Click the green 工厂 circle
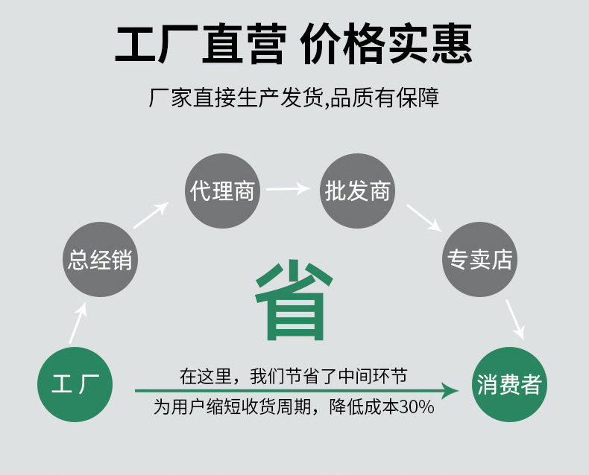(x=75, y=384)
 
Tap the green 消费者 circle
(x=509, y=384)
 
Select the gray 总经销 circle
(x=101, y=259)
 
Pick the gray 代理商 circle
(x=223, y=191)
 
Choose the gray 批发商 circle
(x=357, y=191)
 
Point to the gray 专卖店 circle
(x=479, y=259)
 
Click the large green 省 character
(x=294, y=300)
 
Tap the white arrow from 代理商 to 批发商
(x=288, y=188)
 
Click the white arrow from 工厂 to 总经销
(x=78, y=323)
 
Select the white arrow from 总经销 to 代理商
(x=151, y=215)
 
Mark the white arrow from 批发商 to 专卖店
(x=424, y=218)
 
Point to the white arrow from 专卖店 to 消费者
(x=514, y=319)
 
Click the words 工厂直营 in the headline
(x=201, y=44)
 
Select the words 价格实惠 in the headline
(x=385, y=44)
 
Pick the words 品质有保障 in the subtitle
(x=385, y=98)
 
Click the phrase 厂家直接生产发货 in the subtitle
(x=236, y=98)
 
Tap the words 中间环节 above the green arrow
(x=373, y=376)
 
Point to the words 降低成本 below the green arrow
(x=364, y=407)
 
